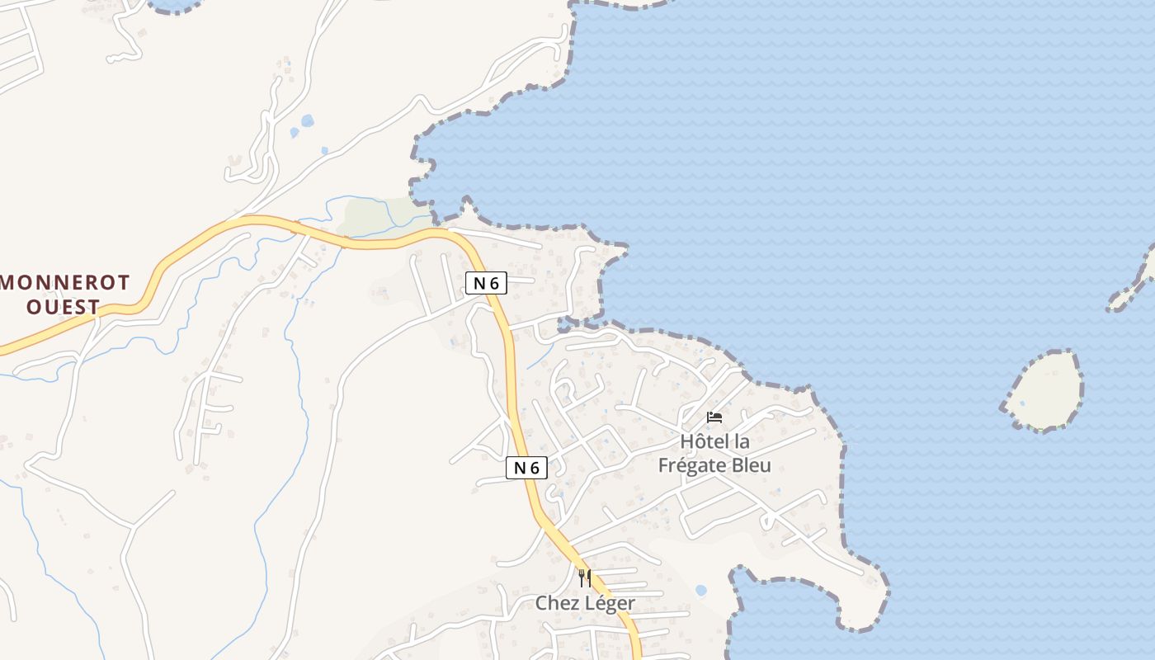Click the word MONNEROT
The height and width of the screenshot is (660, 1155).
pos(65,283)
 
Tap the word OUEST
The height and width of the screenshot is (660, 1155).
pos(63,307)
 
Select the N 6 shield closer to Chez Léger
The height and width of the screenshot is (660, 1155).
pos(526,468)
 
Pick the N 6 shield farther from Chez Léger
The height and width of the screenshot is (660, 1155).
pos(486,283)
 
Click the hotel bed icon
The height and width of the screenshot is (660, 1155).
pos(714,417)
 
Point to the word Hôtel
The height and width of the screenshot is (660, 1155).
pos(705,441)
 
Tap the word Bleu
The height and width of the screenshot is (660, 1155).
pos(751,465)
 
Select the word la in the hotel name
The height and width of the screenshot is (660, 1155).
pos(742,441)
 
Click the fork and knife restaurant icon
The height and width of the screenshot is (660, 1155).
pos(584,577)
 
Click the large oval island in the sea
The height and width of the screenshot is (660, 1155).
pos(1044,390)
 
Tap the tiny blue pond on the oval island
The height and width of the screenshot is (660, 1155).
pos(1022,403)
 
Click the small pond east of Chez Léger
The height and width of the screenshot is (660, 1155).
pos(700,591)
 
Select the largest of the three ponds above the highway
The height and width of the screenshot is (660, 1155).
pos(308,120)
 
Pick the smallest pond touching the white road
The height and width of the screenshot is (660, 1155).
pos(324,150)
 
